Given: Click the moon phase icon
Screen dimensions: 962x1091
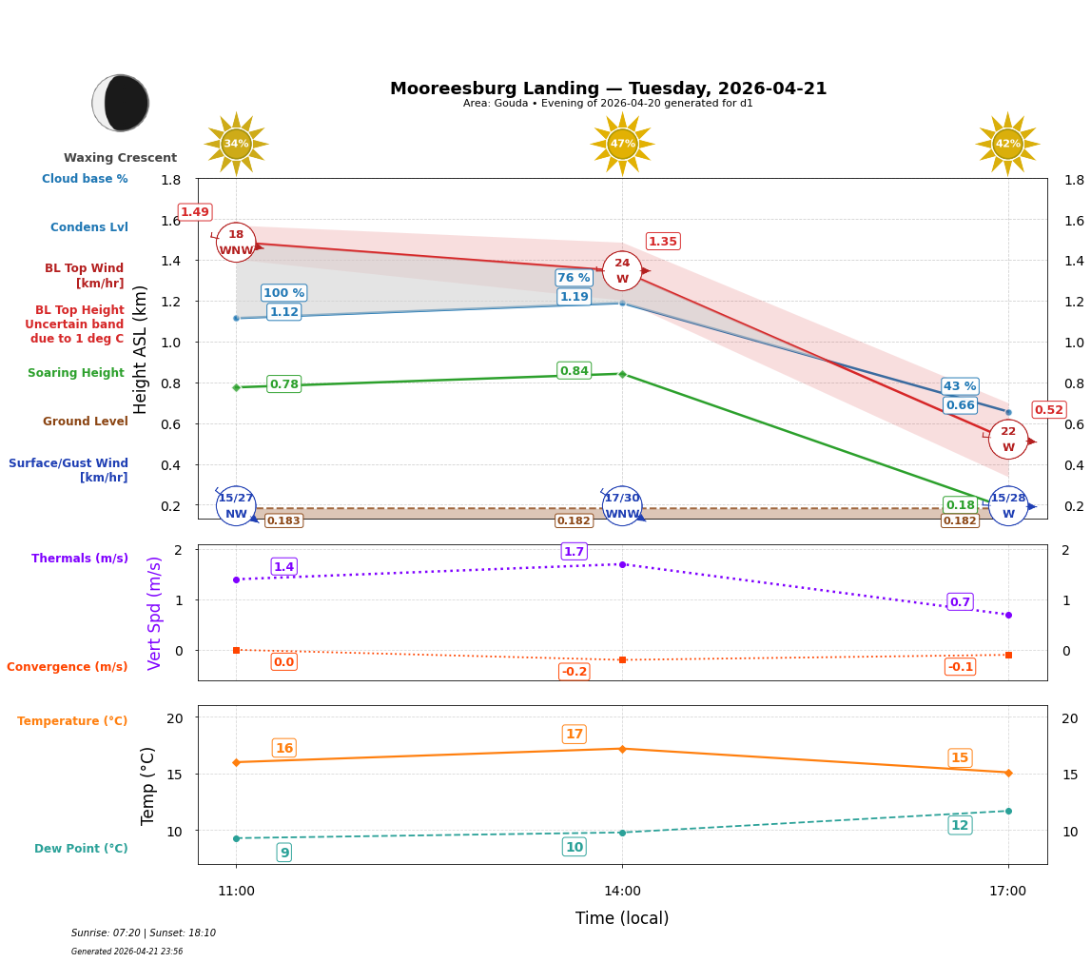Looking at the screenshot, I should click(x=121, y=103).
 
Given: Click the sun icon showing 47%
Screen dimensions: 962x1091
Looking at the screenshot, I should click(x=622, y=144).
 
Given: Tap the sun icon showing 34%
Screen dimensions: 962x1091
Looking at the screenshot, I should click(x=236, y=144).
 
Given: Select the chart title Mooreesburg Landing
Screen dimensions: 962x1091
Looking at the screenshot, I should click(x=608, y=88).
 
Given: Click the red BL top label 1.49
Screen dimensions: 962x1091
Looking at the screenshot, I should click(x=195, y=212).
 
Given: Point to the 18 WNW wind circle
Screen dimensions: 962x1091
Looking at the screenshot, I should click(x=236, y=243).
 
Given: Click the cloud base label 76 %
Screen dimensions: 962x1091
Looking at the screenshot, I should click(x=574, y=278).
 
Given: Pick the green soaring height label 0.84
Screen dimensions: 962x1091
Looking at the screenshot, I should click(x=574, y=371).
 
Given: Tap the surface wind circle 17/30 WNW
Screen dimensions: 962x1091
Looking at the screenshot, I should click(x=622, y=506).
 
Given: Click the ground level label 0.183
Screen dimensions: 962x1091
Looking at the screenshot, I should click(x=283, y=520).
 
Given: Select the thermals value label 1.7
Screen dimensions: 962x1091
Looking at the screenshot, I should click(x=574, y=552).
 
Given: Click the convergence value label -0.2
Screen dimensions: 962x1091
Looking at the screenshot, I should click(x=574, y=672).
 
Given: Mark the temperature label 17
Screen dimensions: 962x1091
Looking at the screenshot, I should click(x=574, y=735).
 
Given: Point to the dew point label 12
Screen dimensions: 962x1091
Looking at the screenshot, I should click(x=960, y=825).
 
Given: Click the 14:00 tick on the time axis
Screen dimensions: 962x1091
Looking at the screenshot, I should click(x=622, y=892).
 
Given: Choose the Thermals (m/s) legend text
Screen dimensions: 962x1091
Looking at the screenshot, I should click(x=80, y=559).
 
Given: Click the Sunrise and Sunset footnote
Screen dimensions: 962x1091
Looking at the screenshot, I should click(x=144, y=933).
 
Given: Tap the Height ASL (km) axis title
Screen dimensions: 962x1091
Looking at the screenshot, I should click(x=141, y=349).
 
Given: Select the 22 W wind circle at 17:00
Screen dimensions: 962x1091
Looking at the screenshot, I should click(x=1007, y=440).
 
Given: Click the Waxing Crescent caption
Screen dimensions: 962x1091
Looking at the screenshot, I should click(x=120, y=158).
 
